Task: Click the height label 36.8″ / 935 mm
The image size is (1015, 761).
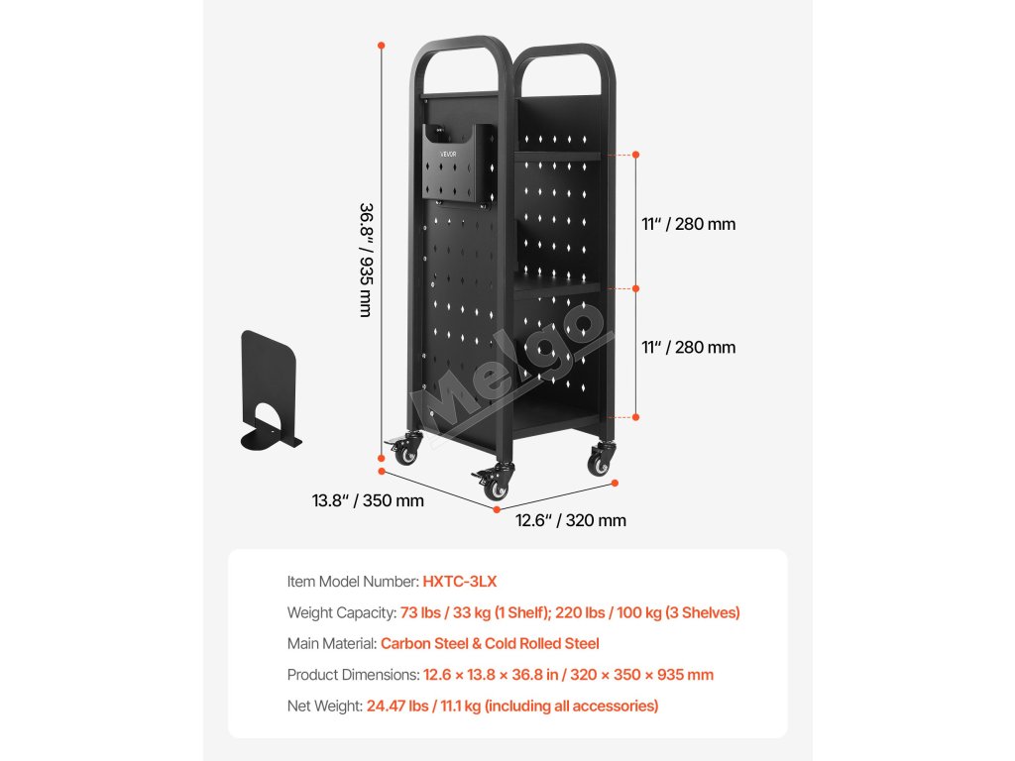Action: (x=366, y=260)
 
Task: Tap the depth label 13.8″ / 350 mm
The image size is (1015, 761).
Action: (x=368, y=500)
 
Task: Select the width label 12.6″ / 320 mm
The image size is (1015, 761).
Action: (x=570, y=520)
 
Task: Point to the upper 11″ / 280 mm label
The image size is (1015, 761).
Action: (x=688, y=224)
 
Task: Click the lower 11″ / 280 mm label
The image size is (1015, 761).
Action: (x=688, y=348)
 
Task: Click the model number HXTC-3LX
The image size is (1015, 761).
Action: (x=459, y=582)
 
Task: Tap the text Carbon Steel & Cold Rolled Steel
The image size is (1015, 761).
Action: (x=490, y=644)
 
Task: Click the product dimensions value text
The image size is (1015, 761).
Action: (x=568, y=675)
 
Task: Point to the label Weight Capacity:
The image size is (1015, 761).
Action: (x=342, y=613)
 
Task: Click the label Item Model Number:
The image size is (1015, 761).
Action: (x=353, y=582)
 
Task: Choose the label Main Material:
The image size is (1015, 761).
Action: (x=332, y=644)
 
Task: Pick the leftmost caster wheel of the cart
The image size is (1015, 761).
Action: (x=406, y=452)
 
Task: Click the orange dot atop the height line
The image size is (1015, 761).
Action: (x=382, y=45)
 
